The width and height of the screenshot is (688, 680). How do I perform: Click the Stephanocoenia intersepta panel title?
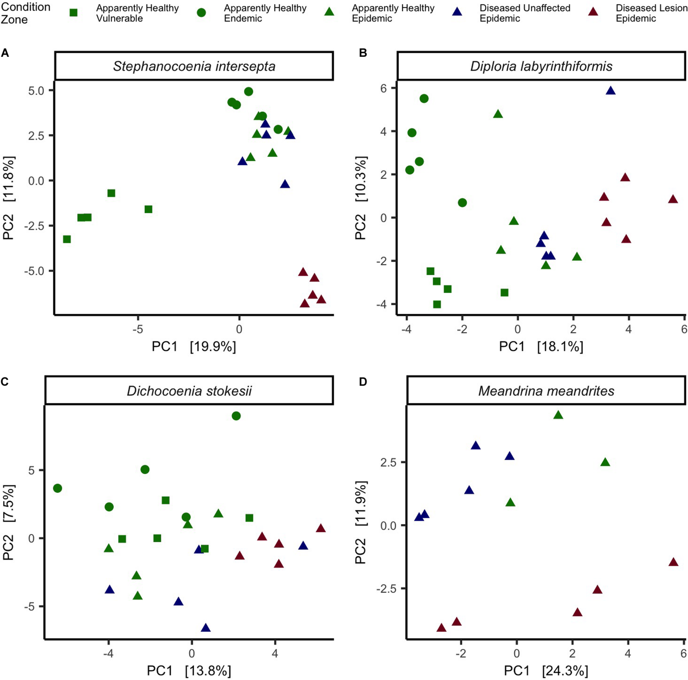194,66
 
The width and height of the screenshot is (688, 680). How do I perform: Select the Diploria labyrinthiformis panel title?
541,66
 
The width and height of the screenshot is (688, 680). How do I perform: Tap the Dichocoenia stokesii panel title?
189,391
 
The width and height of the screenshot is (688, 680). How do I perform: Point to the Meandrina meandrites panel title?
546,391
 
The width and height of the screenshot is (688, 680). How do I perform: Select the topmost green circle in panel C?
236,416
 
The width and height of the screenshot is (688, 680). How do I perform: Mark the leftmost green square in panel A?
67,239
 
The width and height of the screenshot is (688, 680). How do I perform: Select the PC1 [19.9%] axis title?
194,346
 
